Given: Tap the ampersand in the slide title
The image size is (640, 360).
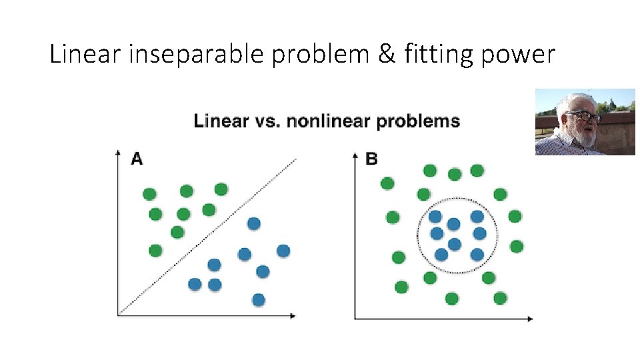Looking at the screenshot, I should (386, 55).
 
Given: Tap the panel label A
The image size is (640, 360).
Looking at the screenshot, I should (137, 159).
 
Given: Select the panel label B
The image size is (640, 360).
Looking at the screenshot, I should (371, 159).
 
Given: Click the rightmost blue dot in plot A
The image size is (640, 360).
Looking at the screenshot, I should (283, 251).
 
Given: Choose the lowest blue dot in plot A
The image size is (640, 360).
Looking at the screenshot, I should (259, 300).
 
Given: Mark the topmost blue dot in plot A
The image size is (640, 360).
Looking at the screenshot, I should (253, 223).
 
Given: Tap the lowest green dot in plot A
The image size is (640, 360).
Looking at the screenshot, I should (155, 251).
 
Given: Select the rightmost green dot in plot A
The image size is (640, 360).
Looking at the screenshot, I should (221, 189).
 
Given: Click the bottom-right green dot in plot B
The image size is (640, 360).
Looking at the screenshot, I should (500, 298).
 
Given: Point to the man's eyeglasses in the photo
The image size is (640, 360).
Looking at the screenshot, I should (585, 117).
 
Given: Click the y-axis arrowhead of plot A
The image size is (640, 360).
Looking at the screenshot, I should (118, 154).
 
